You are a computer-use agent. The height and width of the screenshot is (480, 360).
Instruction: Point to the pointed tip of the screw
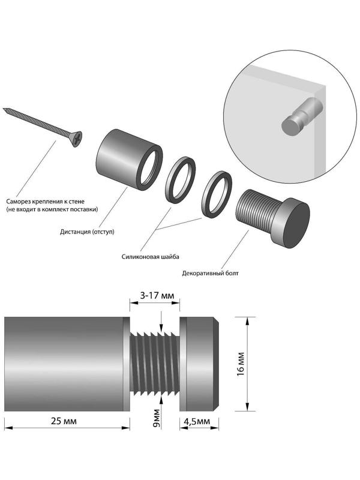click(5, 110)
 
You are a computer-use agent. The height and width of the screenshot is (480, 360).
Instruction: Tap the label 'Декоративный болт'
click(210, 274)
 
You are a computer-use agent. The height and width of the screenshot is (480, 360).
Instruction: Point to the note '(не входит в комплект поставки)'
click(52, 210)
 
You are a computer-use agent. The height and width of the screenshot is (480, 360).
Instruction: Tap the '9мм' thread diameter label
click(155, 416)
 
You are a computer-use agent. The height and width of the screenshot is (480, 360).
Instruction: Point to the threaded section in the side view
click(155, 364)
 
